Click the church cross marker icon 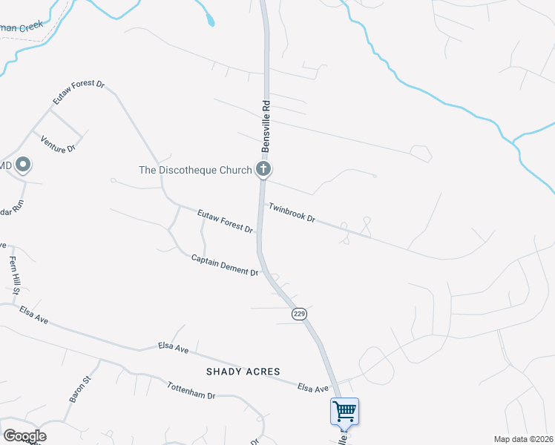tap(263, 169)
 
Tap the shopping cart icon tap(344, 411)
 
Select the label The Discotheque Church tap(196, 170)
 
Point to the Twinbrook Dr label tap(292, 214)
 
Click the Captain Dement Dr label tap(224, 266)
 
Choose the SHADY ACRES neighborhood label tap(243, 372)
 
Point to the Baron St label tap(79, 389)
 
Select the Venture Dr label tap(59, 144)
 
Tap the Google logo tap(24, 435)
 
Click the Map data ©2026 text tap(524, 439)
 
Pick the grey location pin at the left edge tap(23, 164)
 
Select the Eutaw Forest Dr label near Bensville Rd tap(226, 221)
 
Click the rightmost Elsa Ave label tap(312, 387)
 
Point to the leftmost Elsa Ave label tap(34, 315)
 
